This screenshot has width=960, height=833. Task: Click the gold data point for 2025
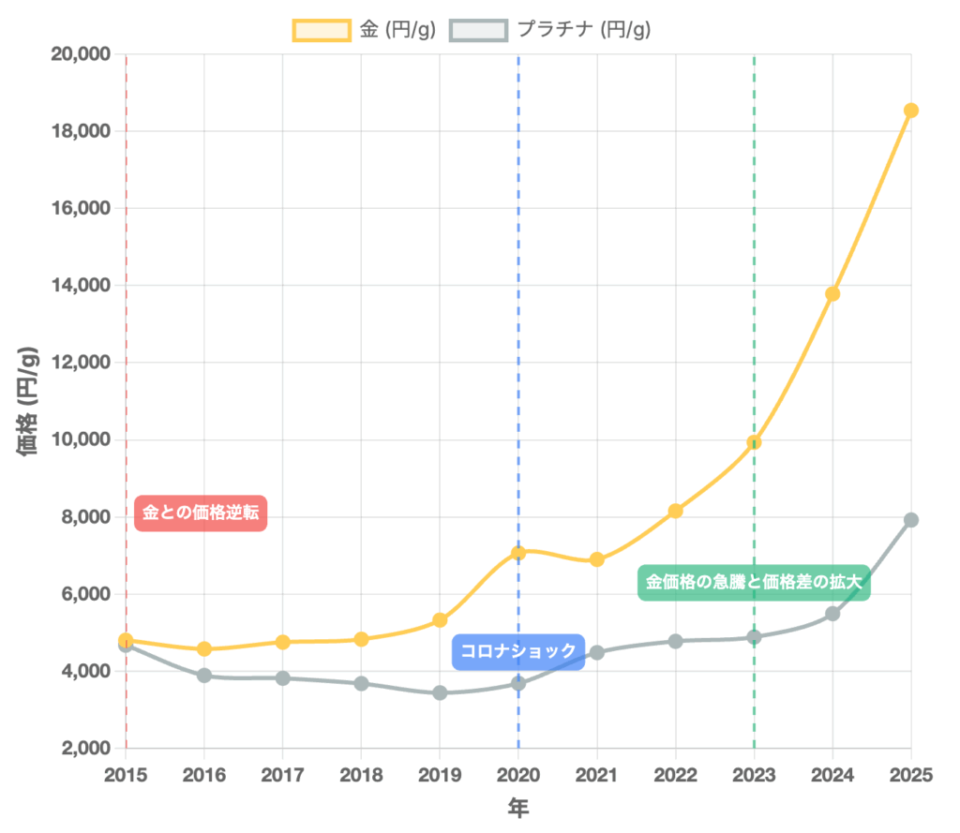point(910,111)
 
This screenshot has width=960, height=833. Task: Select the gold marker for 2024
point(832,293)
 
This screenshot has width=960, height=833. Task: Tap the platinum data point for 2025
point(910,520)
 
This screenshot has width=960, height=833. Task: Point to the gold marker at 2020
point(518,553)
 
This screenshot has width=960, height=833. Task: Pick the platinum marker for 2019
point(440,693)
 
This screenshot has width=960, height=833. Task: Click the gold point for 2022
point(675,511)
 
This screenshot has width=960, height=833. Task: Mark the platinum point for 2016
point(204,676)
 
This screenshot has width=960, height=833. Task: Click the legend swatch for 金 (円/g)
point(322,30)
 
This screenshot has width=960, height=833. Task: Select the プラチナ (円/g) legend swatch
point(478,30)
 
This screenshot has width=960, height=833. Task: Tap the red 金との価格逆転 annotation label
point(202,513)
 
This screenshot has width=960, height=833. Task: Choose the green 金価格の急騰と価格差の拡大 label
point(754,582)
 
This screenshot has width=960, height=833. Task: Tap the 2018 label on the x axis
point(361,774)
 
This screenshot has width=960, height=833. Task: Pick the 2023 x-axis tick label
point(754,774)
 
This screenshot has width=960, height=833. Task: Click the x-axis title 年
point(518,807)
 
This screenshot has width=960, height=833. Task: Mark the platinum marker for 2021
point(596,652)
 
